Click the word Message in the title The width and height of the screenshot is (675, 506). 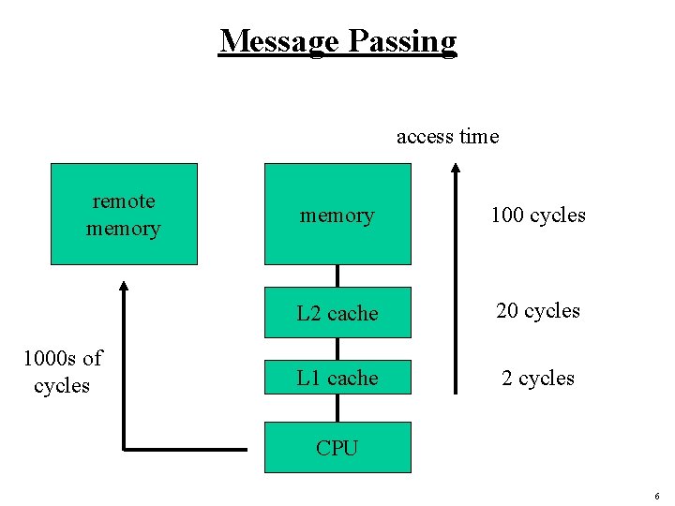coord(279,41)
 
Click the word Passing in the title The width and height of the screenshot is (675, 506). coord(403,42)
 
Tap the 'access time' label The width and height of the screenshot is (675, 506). coord(447,137)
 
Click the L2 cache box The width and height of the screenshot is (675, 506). coord(337,313)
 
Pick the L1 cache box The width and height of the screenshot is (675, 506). coord(337,378)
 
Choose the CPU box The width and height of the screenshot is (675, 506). coord(337,448)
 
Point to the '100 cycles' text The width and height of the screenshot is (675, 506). coord(538,216)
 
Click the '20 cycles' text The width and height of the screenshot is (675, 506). coord(538,310)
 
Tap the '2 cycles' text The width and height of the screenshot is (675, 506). coord(538,378)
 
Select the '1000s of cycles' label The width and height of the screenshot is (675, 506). coord(62,372)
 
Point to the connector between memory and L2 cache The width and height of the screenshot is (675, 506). coord(337,275)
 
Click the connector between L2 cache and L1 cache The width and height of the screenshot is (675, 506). coord(337,350)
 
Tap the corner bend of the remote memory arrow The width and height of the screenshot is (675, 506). coord(125,449)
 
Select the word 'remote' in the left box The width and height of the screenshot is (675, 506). coord(124,201)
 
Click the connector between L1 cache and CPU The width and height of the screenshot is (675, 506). coord(337,409)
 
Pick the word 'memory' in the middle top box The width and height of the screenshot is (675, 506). coord(337,216)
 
